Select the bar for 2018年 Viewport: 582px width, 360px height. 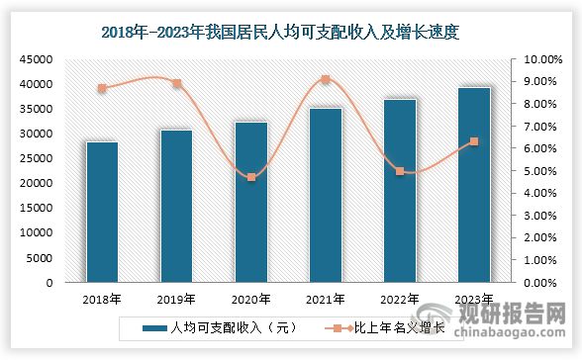tap(102, 212)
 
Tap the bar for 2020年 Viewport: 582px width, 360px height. tap(250, 202)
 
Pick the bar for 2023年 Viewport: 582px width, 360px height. tap(473, 185)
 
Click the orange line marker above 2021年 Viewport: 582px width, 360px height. tap(326, 79)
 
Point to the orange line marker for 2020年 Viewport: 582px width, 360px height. tap(251, 177)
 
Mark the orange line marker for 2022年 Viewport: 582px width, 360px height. tap(400, 171)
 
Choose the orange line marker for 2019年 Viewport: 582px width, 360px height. tap(177, 83)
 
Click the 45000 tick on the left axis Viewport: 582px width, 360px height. tap(38, 59)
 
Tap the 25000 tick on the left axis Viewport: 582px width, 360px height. tap(38, 158)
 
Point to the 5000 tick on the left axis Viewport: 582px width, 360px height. tap(41, 257)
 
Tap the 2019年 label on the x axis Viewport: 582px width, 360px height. tap(177, 298)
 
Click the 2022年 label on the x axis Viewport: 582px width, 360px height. tap(400, 298)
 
